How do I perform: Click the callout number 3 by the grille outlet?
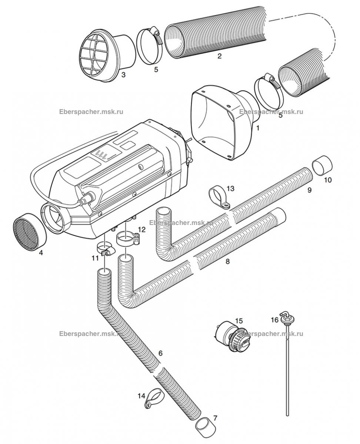pos(123,75)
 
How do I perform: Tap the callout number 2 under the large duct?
pos(219,56)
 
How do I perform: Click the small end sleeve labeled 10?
pos(321,166)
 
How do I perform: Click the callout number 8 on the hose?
pos(227,262)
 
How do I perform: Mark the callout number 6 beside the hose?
pos(160,353)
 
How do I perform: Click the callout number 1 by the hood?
pos(258,128)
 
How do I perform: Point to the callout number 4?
pos(41,253)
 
